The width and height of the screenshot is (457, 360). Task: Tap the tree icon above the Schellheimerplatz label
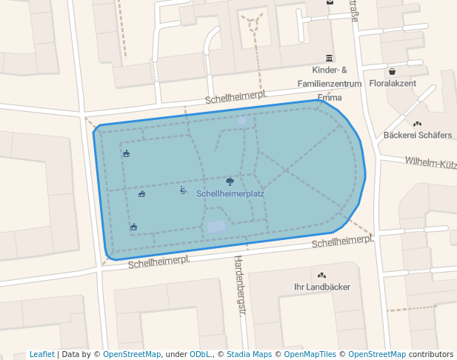click(x=230, y=181)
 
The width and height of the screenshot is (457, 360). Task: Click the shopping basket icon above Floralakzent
click(x=393, y=72)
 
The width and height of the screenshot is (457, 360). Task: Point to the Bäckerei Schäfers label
click(x=418, y=135)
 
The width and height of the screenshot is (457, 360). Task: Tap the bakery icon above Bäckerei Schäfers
click(x=418, y=124)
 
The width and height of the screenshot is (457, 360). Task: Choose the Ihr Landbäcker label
click(x=322, y=287)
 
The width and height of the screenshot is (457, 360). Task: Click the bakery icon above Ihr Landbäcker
click(x=322, y=275)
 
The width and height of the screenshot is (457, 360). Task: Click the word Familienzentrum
click(x=330, y=84)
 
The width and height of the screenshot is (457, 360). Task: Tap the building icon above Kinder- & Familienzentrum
click(x=329, y=58)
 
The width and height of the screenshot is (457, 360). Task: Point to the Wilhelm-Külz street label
click(x=430, y=162)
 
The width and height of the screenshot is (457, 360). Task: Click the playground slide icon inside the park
click(x=183, y=190)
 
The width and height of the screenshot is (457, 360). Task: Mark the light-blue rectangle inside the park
click(x=216, y=227)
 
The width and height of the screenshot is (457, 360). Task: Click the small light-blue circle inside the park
click(x=241, y=120)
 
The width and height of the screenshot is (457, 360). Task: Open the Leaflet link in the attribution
click(x=41, y=354)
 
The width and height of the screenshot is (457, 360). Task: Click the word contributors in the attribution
click(x=430, y=354)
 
